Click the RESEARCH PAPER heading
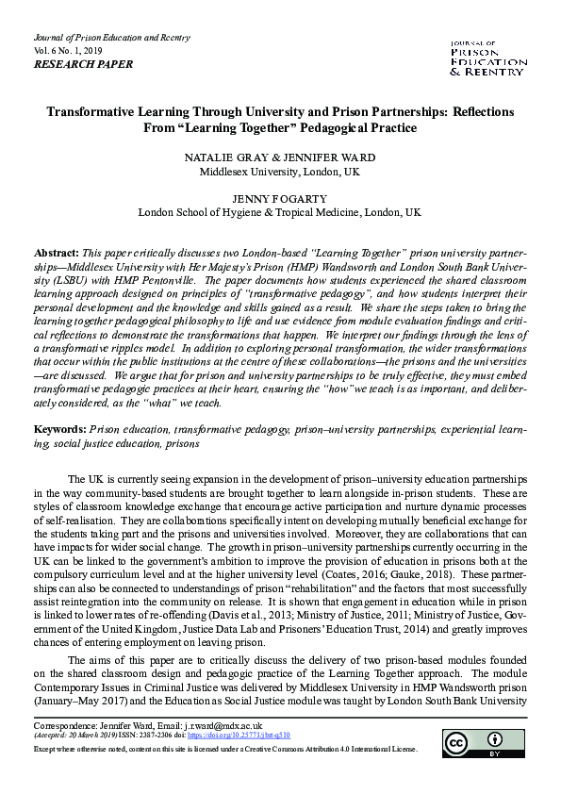pyautogui.click(x=83, y=65)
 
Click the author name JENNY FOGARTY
pyautogui.click(x=280, y=199)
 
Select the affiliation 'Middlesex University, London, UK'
pyautogui.click(x=280, y=172)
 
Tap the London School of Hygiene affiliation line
pyautogui.click(x=280, y=213)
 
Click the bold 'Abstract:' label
pyautogui.click(x=58, y=255)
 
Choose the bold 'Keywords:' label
pyautogui.click(x=61, y=429)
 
